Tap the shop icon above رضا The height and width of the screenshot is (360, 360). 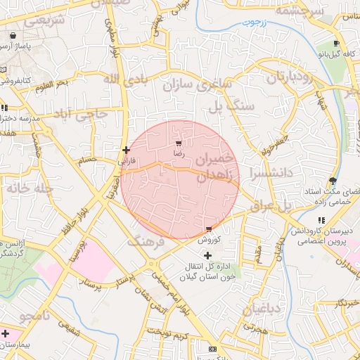[x=178, y=143]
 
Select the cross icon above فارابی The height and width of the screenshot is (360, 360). [x=126, y=150]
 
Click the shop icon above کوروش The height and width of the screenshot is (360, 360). [x=209, y=229]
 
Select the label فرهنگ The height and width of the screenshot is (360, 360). [x=146, y=242]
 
